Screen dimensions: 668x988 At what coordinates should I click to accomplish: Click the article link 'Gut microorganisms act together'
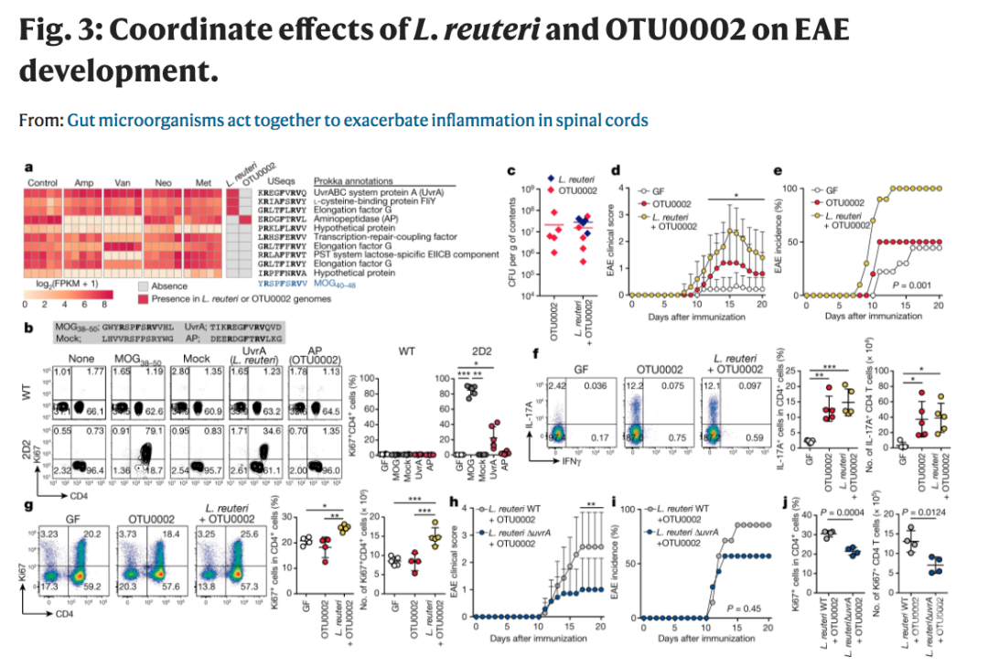[x=357, y=120]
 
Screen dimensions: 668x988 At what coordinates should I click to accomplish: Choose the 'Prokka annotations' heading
[x=353, y=183]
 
